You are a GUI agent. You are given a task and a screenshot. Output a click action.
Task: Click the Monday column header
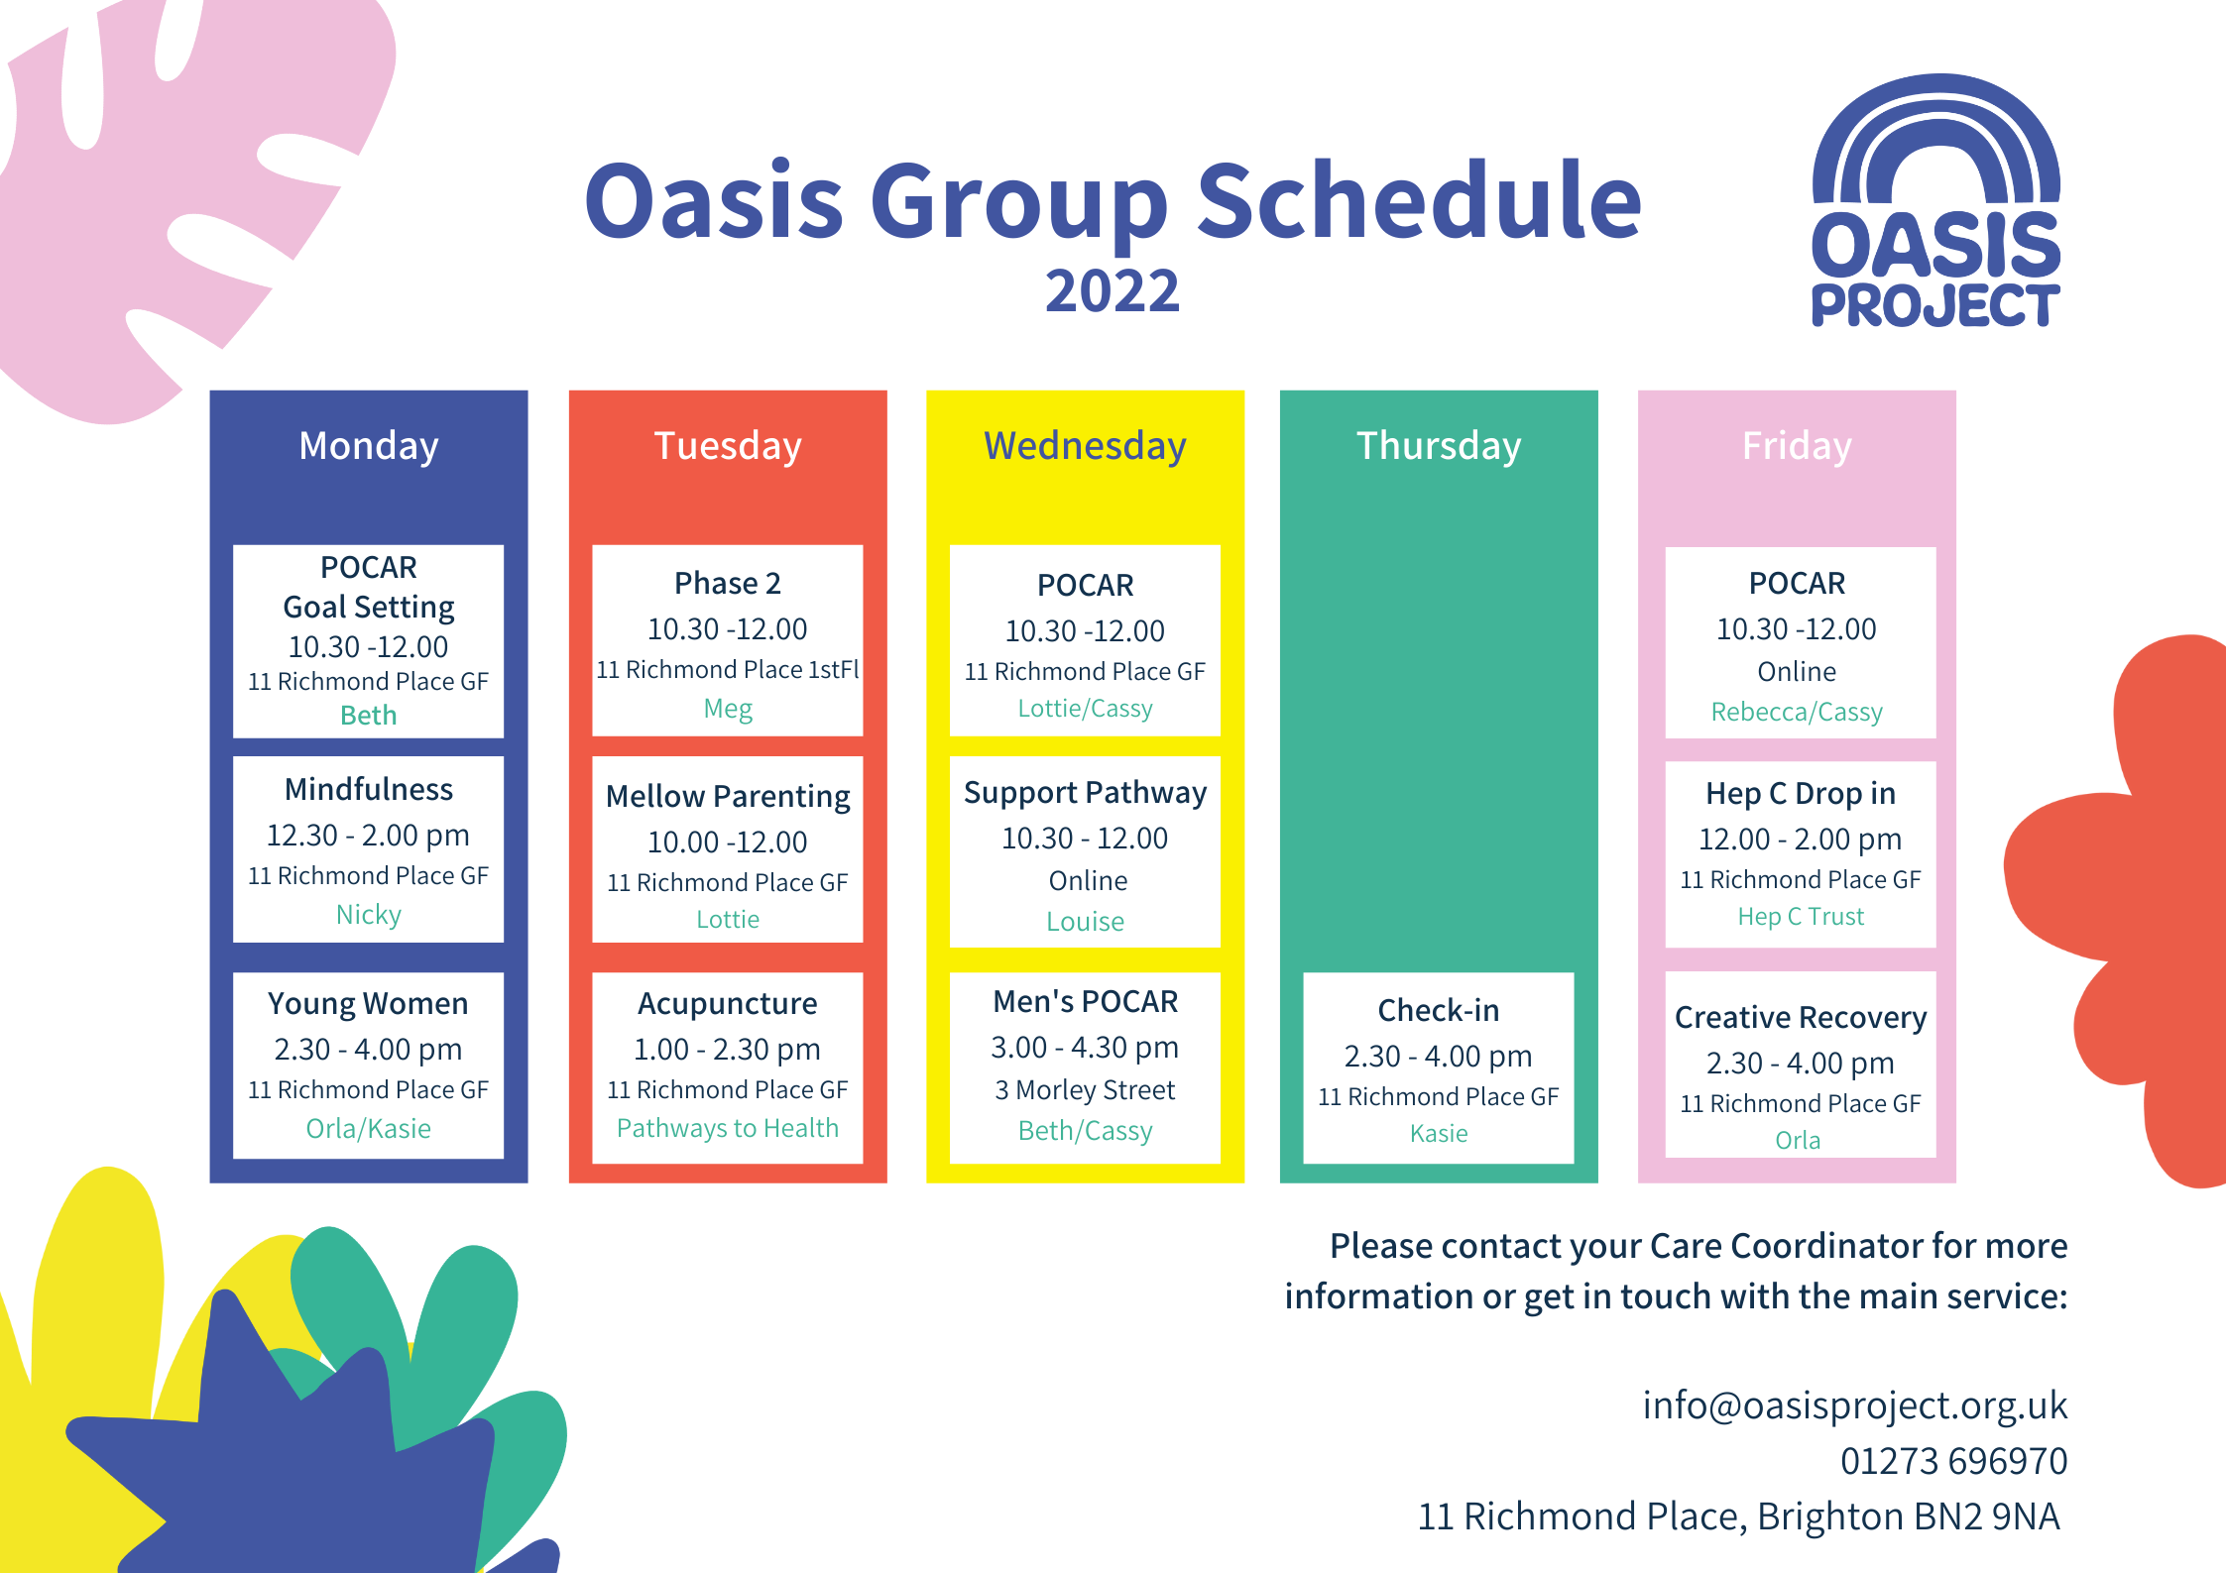point(369,447)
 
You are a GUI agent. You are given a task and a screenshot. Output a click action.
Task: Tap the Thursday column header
point(1439,447)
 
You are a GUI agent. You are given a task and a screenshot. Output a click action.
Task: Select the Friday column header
point(1797,447)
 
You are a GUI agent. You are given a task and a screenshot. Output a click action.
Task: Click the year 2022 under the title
point(1113,291)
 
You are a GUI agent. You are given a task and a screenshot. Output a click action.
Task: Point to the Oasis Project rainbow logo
point(1935,200)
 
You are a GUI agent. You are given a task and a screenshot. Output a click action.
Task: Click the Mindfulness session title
point(369,789)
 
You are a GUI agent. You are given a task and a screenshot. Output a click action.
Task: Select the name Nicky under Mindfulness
point(369,915)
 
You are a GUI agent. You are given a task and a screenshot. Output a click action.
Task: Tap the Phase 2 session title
point(728,583)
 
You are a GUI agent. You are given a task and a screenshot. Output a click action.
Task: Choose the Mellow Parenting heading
point(728,797)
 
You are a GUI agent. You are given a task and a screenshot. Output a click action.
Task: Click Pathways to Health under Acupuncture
point(728,1128)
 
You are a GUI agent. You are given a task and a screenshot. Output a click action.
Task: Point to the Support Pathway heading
point(1086,793)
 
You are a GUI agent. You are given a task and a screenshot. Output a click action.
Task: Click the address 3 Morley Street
point(1086,1090)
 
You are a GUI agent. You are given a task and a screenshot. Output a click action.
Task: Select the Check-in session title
point(1439,1010)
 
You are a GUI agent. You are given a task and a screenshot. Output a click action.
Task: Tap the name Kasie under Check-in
point(1439,1134)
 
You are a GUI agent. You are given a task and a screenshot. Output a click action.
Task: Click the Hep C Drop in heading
point(1801,794)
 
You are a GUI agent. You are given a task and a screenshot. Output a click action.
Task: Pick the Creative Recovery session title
point(1801,1018)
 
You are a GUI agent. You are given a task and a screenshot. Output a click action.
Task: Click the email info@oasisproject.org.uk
point(1855,1405)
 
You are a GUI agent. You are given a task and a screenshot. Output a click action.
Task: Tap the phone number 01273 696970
point(1954,1461)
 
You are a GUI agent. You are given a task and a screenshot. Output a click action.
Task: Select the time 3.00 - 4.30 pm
point(1086,1048)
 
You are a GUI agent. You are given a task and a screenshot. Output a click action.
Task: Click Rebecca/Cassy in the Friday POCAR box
point(1797,713)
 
